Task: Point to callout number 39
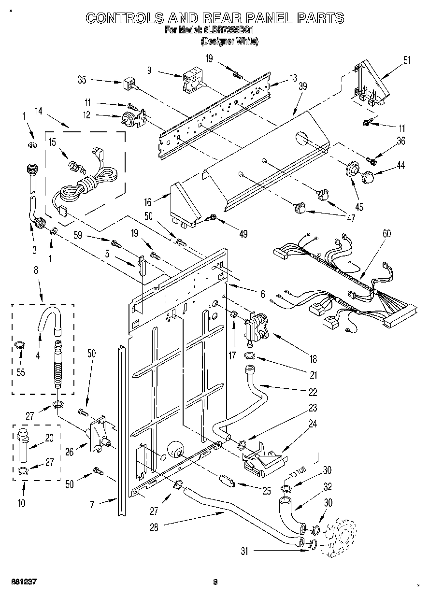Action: click(x=303, y=86)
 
